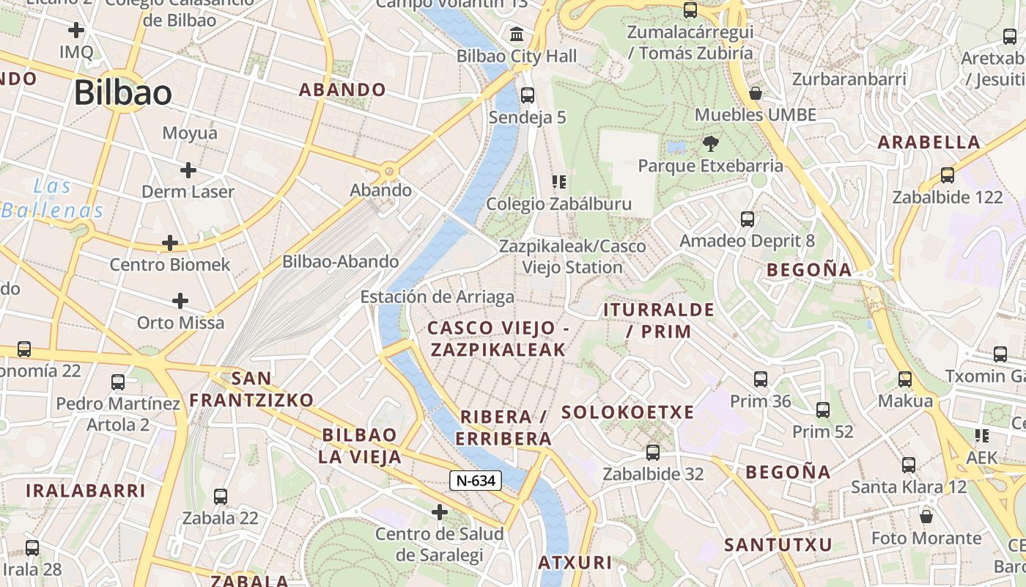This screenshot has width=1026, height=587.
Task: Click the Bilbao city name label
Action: pos(123,93)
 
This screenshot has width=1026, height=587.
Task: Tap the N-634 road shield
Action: pos(476,481)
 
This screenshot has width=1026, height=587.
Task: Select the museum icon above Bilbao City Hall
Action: pos(517,34)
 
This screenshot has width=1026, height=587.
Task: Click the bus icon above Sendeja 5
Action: pos(527,95)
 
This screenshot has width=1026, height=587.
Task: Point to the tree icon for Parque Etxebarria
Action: pos(710,143)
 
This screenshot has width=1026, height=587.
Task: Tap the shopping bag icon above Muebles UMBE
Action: pos(756,93)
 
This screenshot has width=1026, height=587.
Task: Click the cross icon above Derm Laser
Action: pos(188,170)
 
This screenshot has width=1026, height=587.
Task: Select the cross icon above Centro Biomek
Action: pos(170,243)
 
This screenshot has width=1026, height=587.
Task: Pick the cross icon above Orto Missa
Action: pos(180,301)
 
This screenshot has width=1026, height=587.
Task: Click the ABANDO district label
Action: pos(342,90)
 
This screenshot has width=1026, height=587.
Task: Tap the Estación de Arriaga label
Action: pos(437,297)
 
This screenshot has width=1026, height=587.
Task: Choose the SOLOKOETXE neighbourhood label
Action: pos(628,412)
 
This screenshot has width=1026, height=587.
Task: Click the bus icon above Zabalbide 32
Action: pos(653,453)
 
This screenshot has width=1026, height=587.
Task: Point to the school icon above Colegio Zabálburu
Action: pos(559,181)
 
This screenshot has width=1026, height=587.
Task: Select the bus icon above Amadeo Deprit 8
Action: pos(748,219)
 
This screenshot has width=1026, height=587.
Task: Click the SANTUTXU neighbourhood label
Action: pos(778,545)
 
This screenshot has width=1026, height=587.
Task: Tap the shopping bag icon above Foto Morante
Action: pos(926,517)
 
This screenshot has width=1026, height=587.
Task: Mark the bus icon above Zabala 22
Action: pos(221,497)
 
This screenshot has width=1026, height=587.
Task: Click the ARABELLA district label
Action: pos(929,142)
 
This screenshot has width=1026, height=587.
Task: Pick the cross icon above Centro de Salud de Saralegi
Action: pos(440,511)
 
